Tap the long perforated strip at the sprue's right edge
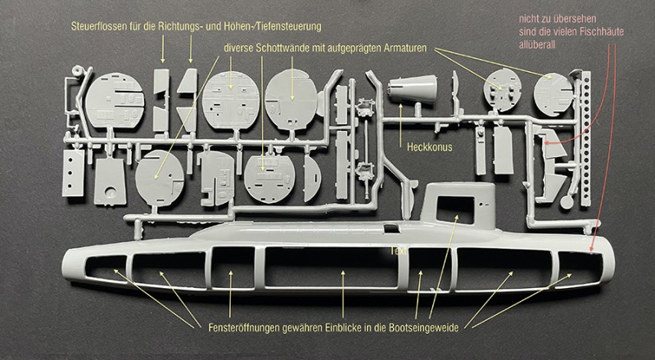(x=582, y=139)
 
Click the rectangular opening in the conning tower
(x=460, y=208)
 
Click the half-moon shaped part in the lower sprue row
(x=311, y=178)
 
